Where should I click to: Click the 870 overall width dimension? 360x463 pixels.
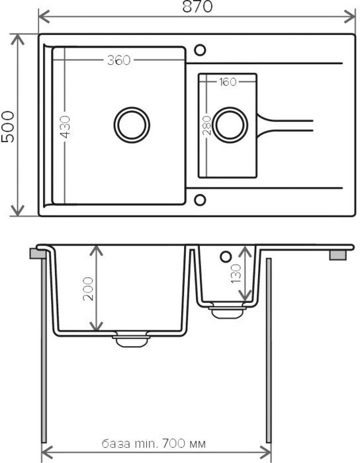coord(197,7)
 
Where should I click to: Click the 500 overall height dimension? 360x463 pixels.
coord(8,126)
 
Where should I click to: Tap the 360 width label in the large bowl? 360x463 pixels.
coord(118,60)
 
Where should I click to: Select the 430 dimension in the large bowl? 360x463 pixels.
coord(66,127)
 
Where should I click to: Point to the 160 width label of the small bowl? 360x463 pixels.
coord(228,82)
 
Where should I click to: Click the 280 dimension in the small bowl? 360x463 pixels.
coord(206,126)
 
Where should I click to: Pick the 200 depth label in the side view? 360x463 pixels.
coord(88,288)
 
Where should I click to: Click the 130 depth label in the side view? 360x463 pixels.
coord(236,274)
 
